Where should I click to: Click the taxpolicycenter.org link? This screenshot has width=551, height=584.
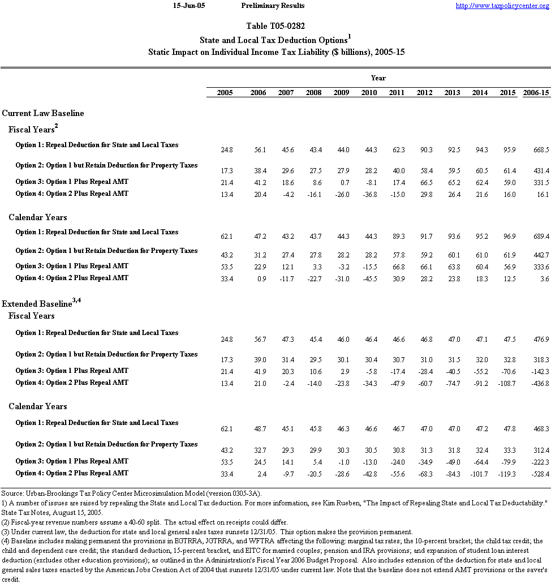click(x=502, y=6)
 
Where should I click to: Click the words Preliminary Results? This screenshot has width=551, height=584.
click(x=273, y=6)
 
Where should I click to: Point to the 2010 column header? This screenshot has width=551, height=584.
click(x=369, y=92)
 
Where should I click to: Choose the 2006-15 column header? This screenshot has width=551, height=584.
click(x=535, y=92)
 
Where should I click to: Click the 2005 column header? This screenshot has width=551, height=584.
click(x=225, y=92)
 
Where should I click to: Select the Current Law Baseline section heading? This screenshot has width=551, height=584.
click(x=43, y=113)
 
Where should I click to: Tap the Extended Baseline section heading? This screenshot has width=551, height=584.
click(x=37, y=304)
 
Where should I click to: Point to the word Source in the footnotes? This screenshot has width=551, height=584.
click(x=12, y=494)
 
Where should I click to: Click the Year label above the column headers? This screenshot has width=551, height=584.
click(x=378, y=78)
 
